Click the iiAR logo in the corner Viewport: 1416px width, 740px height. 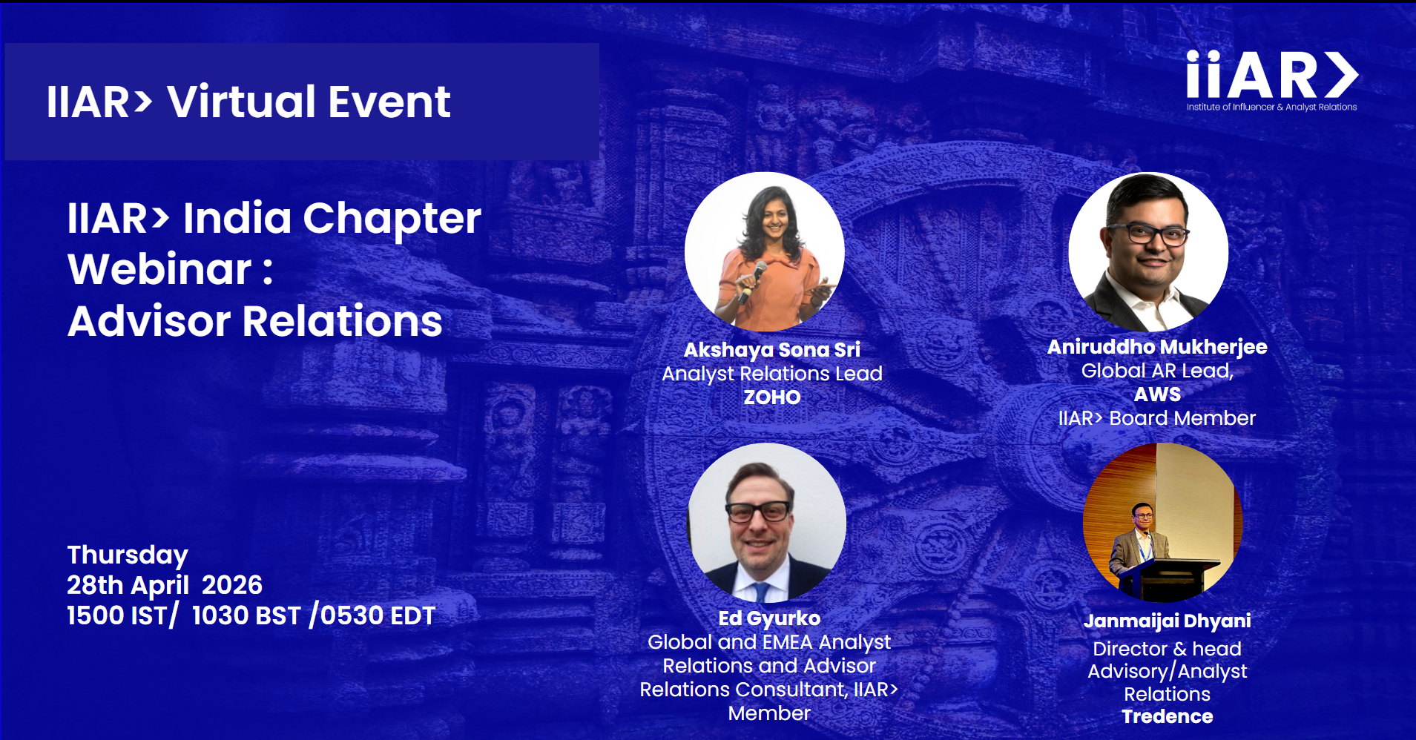pos(1271,80)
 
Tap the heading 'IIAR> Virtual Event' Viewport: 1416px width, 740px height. pos(248,102)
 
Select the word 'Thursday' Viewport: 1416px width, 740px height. pos(128,555)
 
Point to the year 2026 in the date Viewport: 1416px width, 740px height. pos(232,585)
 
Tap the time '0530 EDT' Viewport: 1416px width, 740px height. pos(378,615)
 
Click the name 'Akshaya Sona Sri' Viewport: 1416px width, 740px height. pos(772,350)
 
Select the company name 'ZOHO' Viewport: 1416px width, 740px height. pos(772,397)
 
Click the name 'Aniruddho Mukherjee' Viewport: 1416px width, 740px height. pos(1157,347)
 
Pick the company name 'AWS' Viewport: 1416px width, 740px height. pos(1157,394)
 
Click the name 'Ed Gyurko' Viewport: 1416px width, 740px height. pos(769,618)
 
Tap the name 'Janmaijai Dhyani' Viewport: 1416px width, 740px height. pos(1168,621)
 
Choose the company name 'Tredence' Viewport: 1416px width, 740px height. pos(1168,716)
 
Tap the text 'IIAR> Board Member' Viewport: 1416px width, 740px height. pos(1157,418)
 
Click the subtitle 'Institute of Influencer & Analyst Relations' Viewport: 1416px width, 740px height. pos(1271,107)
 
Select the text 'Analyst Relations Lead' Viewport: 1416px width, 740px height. pos(772,374)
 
